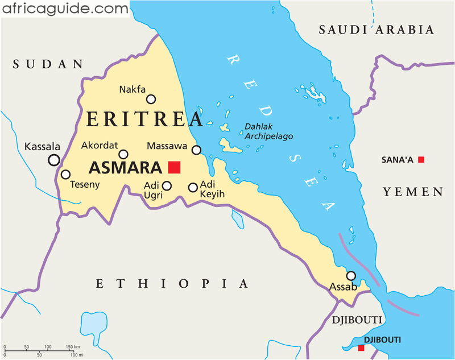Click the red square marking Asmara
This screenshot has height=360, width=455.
[x=174, y=167]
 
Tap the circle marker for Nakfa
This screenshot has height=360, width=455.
[x=151, y=99]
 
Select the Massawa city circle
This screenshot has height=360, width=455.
[x=196, y=150]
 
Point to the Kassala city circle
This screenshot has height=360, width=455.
[x=54, y=160]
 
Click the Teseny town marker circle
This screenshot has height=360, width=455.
[x=66, y=175]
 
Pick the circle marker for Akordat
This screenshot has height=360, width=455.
[x=123, y=154]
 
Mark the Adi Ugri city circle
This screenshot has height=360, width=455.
[x=167, y=185]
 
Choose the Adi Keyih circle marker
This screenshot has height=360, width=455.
[x=193, y=187]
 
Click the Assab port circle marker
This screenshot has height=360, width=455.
[x=351, y=276]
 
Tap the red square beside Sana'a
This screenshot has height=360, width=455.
[x=421, y=160]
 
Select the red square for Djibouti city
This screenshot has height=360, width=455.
[x=361, y=347]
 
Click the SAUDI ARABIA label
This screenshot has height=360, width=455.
[x=376, y=30]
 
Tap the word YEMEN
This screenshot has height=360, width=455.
[x=413, y=192]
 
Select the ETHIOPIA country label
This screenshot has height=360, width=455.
[x=172, y=284]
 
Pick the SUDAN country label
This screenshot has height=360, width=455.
[x=48, y=64]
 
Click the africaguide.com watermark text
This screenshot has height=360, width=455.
[x=64, y=9]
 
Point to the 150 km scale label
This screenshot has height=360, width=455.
[x=72, y=346]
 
